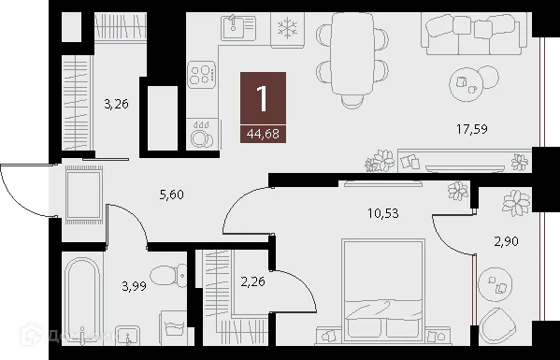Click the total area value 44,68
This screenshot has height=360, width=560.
click(262, 133)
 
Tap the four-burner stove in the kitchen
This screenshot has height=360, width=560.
click(202, 73)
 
